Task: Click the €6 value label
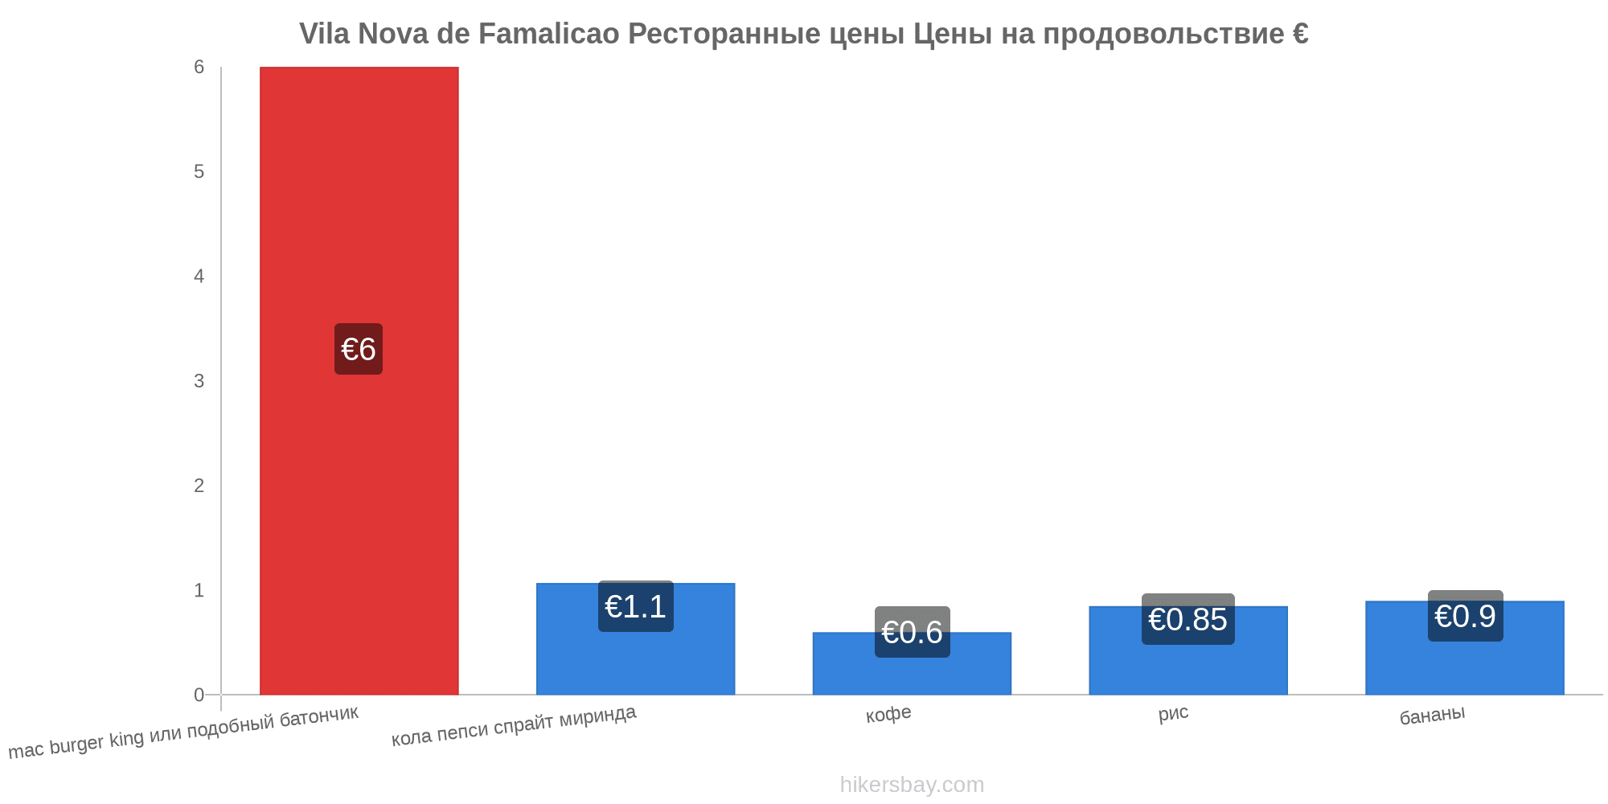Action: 359,349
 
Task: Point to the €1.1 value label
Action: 635,606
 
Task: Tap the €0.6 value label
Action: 912,632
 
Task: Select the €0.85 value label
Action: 1188,619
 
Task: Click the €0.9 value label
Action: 1465,616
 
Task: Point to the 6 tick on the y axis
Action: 199,68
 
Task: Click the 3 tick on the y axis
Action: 199,381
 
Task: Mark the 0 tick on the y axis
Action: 199,695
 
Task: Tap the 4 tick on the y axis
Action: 199,277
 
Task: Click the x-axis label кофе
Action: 888,714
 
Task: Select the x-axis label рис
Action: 1173,713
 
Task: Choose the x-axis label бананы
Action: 1432,715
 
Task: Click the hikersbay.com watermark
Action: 912,784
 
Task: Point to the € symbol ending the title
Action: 1300,34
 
